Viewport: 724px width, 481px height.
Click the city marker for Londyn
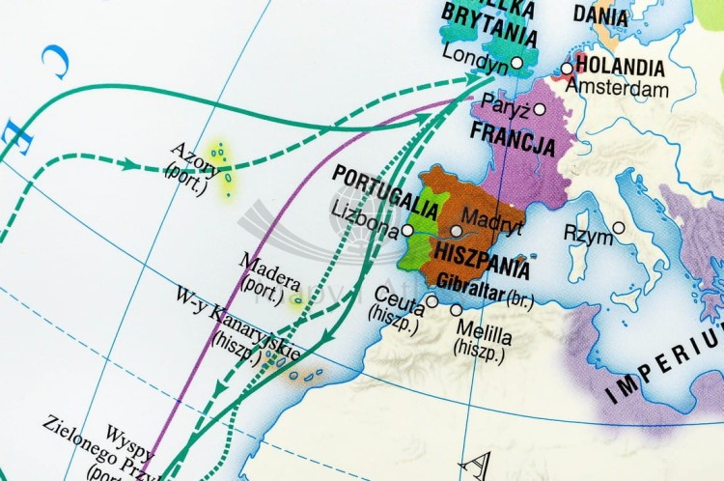pyautogui.click(x=516, y=63)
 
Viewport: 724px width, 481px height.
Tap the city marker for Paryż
pyautogui.click(x=540, y=109)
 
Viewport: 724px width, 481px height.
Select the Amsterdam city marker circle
pyautogui.click(x=567, y=69)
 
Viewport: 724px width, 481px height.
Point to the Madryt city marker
pyautogui.click(x=456, y=231)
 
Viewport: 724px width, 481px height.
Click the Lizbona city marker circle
pyautogui.click(x=407, y=231)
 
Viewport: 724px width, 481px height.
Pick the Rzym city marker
pyautogui.click(x=618, y=228)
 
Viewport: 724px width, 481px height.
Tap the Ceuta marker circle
pyautogui.click(x=432, y=301)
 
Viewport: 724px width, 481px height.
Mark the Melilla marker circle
pyautogui.click(x=456, y=310)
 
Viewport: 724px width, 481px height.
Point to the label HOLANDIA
pyautogui.click(x=620, y=68)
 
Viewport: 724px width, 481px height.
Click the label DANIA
pyautogui.click(x=600, y=14)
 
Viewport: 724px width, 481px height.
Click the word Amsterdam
pyautogui.click(x=617, y=89)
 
